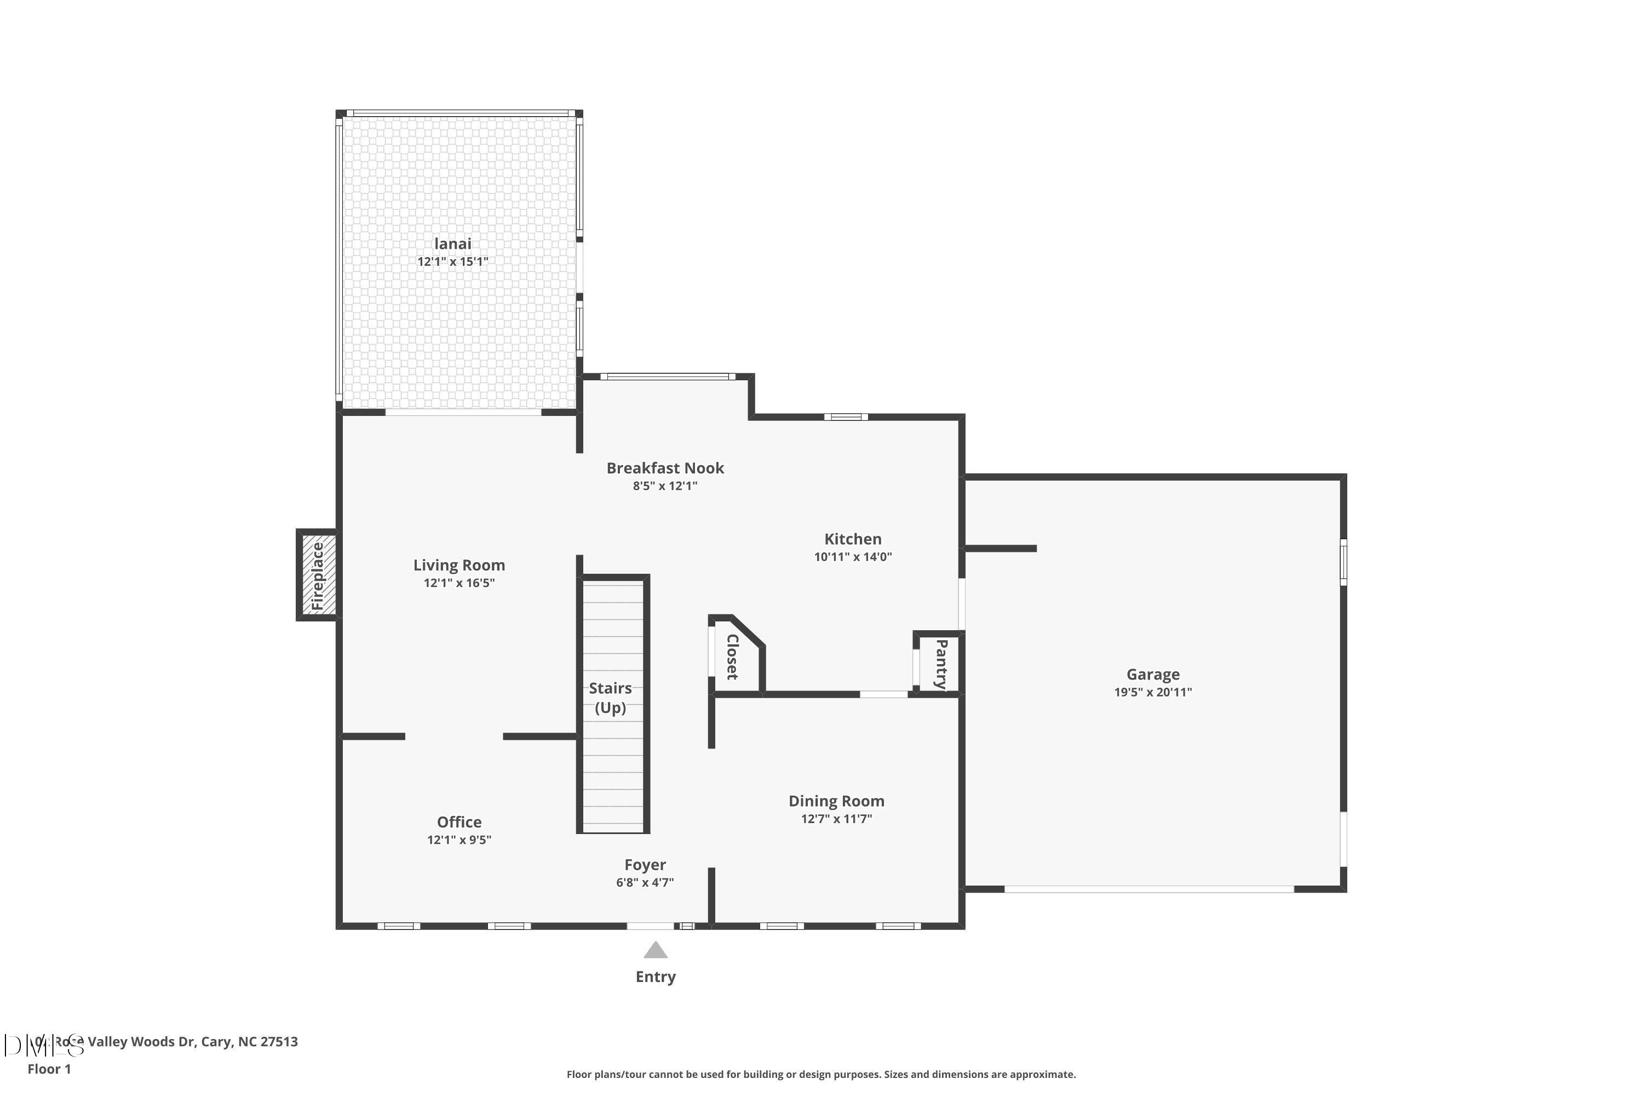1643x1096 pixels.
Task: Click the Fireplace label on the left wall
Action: [x=318, y=576]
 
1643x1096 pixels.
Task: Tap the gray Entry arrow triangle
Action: [x=655, y=951]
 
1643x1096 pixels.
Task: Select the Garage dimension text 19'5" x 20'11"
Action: [x=1153, y=692]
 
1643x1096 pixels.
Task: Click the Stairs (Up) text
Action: [x=610, y=698]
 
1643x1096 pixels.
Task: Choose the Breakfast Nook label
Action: [x=665, y=469]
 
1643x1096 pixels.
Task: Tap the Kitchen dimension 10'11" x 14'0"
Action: [x=852, y=557]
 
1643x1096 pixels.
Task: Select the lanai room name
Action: [x=453, y=244]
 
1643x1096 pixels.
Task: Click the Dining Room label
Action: [x=836, y=801]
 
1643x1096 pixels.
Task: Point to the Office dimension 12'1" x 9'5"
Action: [x=459, y=840]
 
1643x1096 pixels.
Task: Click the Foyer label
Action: [x=645, y=865]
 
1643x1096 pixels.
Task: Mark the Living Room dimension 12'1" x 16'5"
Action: [x=459, y=583]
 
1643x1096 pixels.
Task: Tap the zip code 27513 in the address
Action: [x=279, y=1042]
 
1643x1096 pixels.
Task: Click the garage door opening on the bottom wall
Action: [x=1148, y=889]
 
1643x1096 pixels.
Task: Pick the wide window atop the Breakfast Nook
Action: [x=667, y=377]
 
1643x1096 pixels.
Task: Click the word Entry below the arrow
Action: [x=655, y=977]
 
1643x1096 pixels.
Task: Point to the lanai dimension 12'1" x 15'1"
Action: [x=453, y=262]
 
